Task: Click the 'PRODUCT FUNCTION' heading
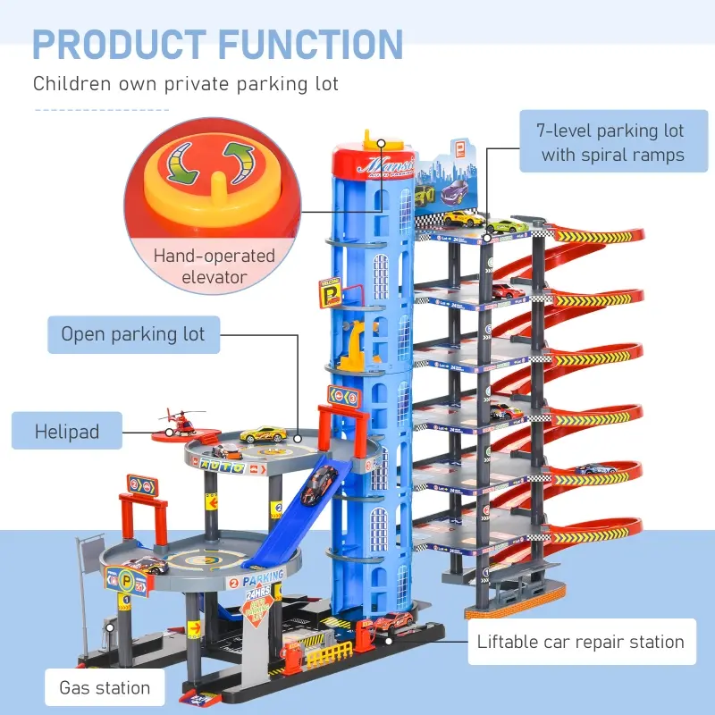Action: click(x=218, y=44)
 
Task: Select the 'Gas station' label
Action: click(x=105, y=688)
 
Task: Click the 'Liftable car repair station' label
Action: click(x=581, y=642)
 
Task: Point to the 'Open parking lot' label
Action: click(x=133, y=335)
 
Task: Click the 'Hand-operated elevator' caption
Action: click(x=214, y=265)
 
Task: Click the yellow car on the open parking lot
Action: click(x=262, y=433)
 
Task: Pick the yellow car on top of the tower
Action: click(x=464, y=218)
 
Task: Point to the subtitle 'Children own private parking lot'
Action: click(x=186, y=84)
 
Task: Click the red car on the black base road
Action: click(x=392, y=622)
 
